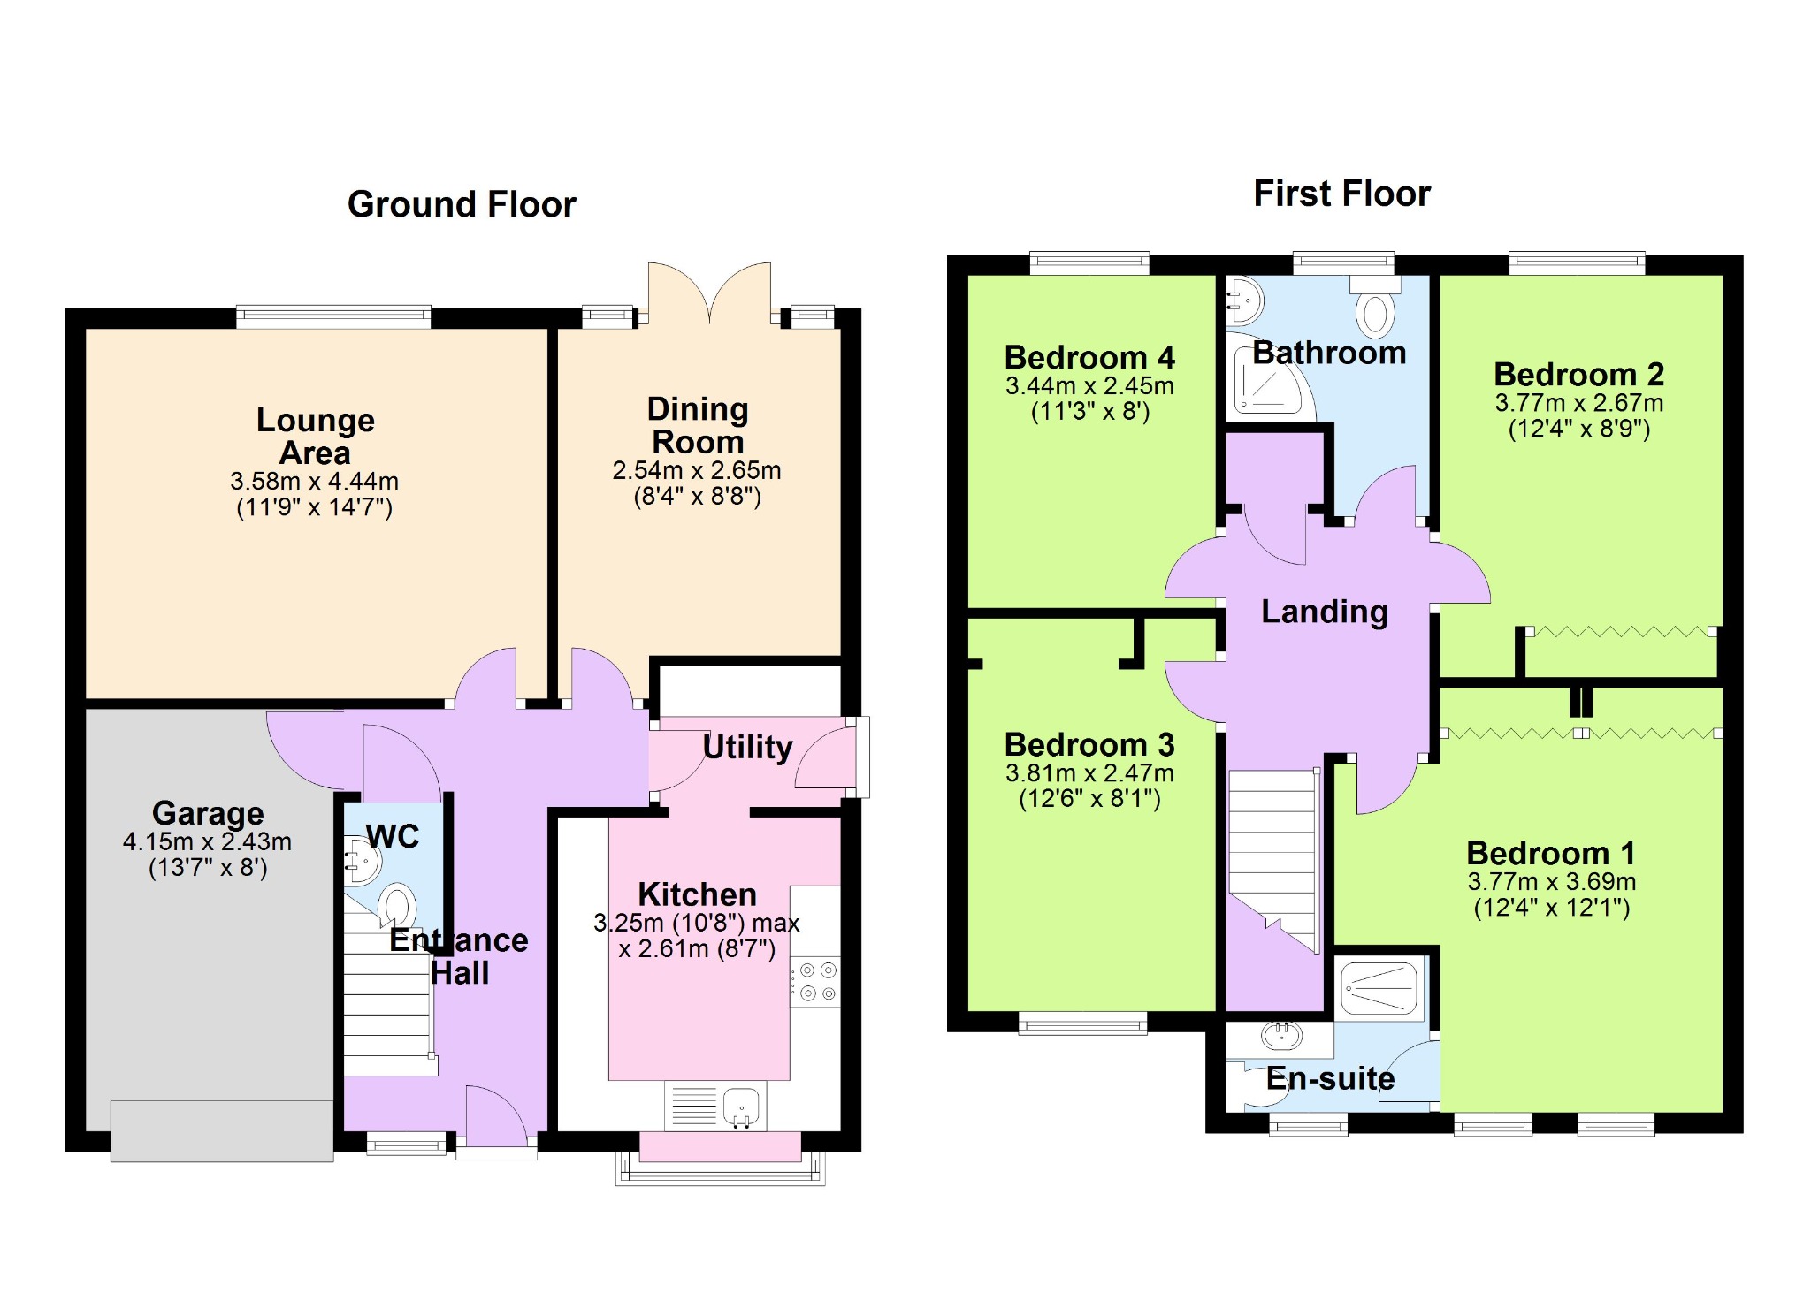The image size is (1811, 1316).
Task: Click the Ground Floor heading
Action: (x=462, y=204)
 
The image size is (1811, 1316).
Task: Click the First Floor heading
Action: (x=1341, y=194)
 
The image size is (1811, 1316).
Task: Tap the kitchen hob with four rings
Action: (x=815, y=982)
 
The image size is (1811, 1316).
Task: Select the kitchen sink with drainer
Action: (x=715, y=1106)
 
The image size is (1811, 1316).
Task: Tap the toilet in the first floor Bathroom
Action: (x=1375, y=307)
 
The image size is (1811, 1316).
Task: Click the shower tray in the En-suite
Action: (x=1380, y=987)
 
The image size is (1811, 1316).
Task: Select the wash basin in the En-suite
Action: (x=1281, y=1035)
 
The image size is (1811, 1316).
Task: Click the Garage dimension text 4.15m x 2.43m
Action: (x=207, y=841)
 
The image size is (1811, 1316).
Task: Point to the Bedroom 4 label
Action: (x=1089, y=357)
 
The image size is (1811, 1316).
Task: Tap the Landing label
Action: (x=1324, y=611)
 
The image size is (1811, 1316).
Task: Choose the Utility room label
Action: (x=747, y=747)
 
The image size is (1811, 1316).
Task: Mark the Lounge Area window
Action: (x=333, y=317)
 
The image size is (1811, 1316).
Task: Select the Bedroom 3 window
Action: (x=1082, y=1023)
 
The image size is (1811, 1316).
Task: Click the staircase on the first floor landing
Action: (x=1273, y=857)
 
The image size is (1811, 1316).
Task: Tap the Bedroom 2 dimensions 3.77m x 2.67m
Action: (x=1579, y=403)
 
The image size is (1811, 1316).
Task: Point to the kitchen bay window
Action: (x=720, y=1158)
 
